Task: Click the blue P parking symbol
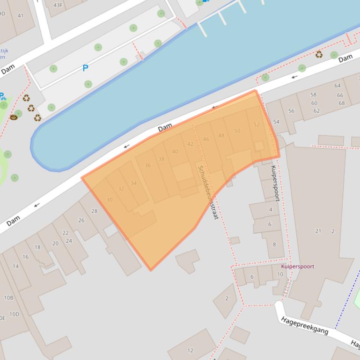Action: tap(85, 68)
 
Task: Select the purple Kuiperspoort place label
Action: tap(298, 266)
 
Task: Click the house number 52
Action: tap(256, 125)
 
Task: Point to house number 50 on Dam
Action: tap(237, 131)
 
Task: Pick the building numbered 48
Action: tap(221, 136)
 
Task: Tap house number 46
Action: tap(206, 139)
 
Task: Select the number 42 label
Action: tap(190, 144)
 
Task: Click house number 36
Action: tap(147, 166)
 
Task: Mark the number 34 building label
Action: tap(133, 183)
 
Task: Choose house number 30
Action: tap(110, 200)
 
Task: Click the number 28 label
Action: tap(94, 211)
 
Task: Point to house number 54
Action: tap(276, 122)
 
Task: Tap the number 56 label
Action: tap(291, 111)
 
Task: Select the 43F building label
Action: tap(58, 6)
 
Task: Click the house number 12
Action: tap(190, 350)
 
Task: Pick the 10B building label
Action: tap(9, 298)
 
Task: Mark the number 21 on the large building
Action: tap(318, 231)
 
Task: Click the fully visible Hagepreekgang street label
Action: tap(304, 325)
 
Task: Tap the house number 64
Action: tap(338, 86)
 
